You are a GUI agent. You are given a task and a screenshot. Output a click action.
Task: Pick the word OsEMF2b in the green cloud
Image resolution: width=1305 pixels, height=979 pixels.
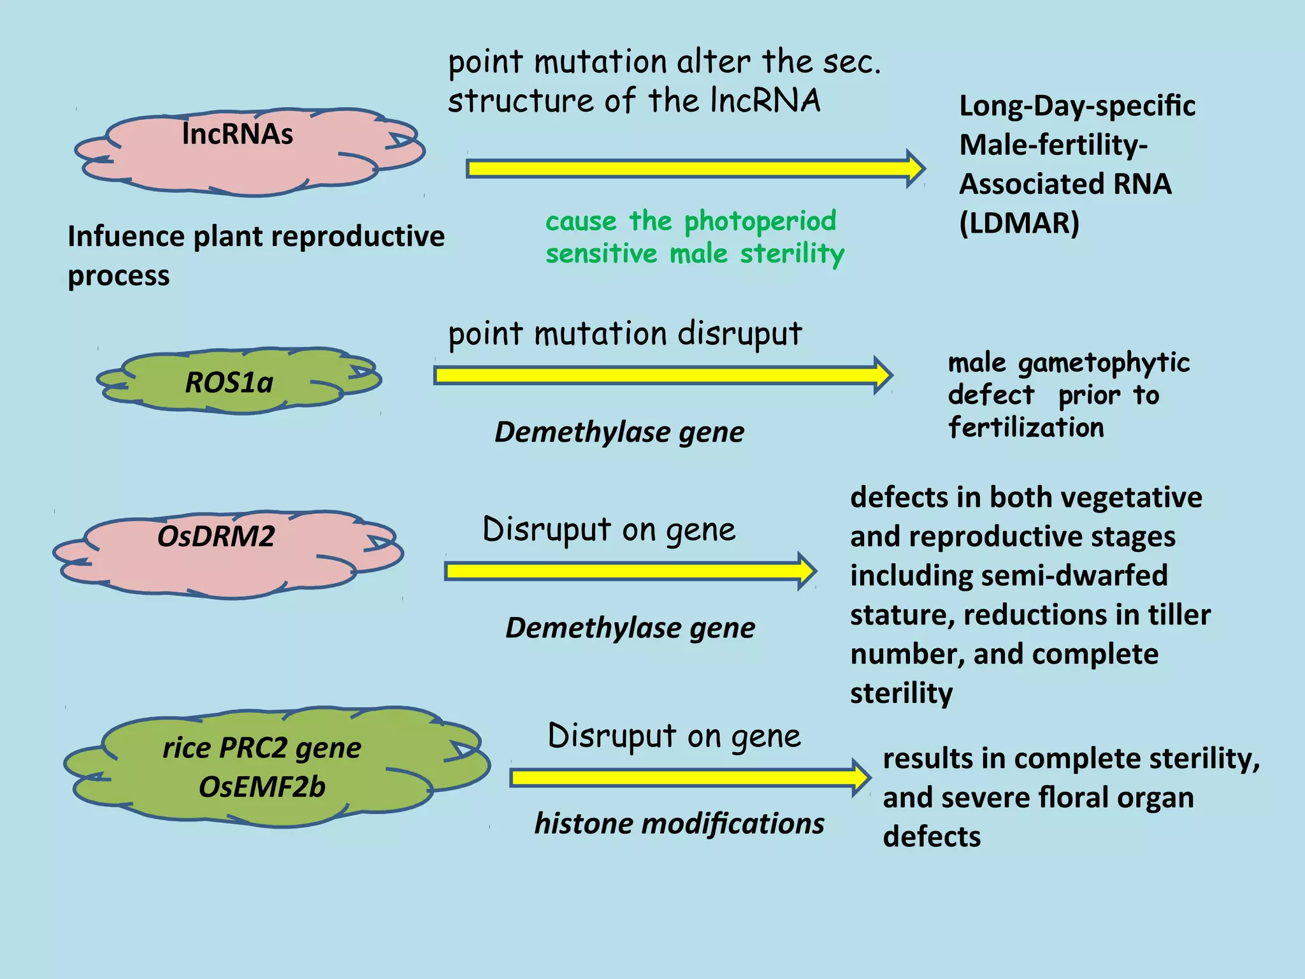pos(262,787)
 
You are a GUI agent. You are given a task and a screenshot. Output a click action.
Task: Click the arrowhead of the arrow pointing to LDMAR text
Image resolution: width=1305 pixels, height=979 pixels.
pos(915,169)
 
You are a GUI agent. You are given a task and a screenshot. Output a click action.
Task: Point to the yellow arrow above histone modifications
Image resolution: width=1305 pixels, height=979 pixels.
pos(688,778)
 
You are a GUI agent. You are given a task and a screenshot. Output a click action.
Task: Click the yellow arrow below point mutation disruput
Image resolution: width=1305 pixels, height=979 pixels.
pos(663,375)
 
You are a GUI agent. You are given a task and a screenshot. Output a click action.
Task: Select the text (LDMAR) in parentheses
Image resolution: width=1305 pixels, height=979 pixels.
pos(1019,223)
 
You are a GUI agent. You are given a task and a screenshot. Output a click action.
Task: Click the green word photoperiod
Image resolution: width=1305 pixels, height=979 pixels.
pos(760,221)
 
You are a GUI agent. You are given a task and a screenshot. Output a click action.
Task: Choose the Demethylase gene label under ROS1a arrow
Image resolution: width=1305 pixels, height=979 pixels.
pos(619,432)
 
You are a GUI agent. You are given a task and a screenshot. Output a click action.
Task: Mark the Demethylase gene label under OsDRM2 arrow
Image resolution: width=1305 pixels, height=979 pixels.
pos(630,628)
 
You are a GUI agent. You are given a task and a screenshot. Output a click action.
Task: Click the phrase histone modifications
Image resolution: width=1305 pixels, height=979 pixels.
pos(679,823)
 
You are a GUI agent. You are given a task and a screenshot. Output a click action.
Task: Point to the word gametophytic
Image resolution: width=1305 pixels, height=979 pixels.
pos(1103,363)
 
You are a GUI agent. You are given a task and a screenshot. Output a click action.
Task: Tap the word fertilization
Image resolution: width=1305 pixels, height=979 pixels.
pos(1025,428)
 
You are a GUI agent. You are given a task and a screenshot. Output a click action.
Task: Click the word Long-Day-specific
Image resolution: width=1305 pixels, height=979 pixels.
pos(1077,106)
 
